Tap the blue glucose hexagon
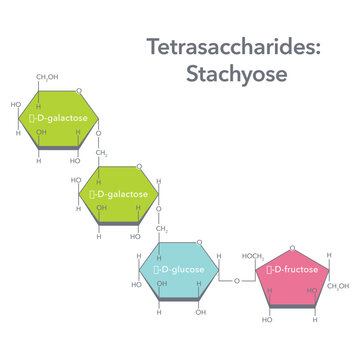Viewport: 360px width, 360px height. (x=180, y=271)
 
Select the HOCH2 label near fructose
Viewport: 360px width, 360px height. (x=253, y=256)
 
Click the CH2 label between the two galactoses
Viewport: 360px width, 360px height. (x=102, y=154)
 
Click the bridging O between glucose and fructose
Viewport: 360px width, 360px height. (x=236, y=281)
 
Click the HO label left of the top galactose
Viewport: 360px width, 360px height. (x=16, y=104)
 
